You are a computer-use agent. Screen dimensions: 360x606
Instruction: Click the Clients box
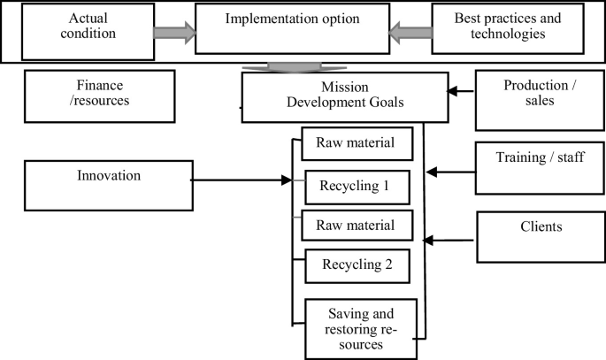pos(541,236)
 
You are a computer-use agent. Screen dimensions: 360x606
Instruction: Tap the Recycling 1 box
pos(357,188)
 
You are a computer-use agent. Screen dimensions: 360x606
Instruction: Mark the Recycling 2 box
pos(357,264)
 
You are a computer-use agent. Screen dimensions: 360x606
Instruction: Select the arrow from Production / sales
pos(460,90)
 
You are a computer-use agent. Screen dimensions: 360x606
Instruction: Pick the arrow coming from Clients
pos(449,239)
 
